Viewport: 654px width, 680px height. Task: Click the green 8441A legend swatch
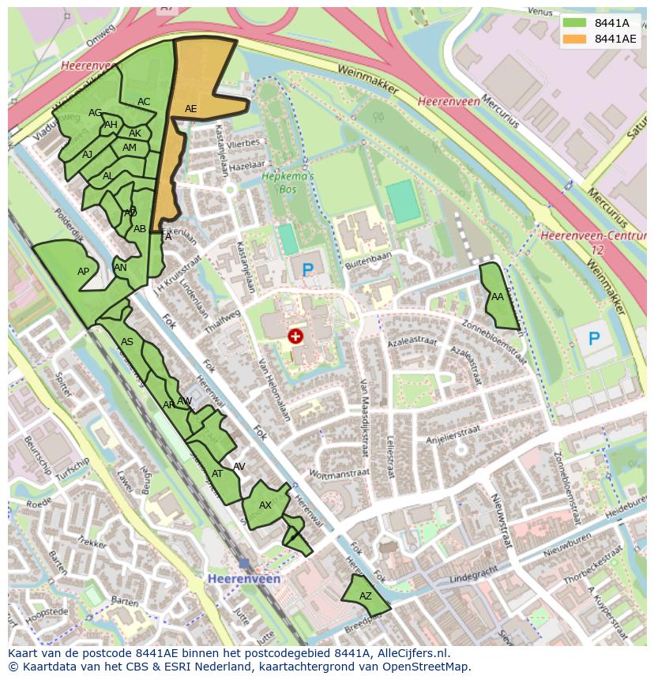[x=575, y=23]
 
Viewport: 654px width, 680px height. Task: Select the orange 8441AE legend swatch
[x=575, y=39]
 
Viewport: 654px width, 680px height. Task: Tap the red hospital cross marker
[x=295, y=337]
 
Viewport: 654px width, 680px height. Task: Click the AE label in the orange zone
[x=190, y=109]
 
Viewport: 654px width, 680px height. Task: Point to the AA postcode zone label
[x=497, y=298]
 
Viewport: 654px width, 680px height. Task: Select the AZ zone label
[x=365, y=597]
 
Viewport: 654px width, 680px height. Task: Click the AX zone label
[x=265, y=505]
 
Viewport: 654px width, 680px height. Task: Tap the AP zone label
[x=83, y=272]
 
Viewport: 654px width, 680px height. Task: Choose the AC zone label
[x=144, y=102]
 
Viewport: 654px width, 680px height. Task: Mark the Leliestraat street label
[x=390, y=457]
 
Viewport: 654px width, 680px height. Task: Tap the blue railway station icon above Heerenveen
[x=244, y=563]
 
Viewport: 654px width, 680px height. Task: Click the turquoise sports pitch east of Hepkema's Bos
[x=404, y=201]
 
